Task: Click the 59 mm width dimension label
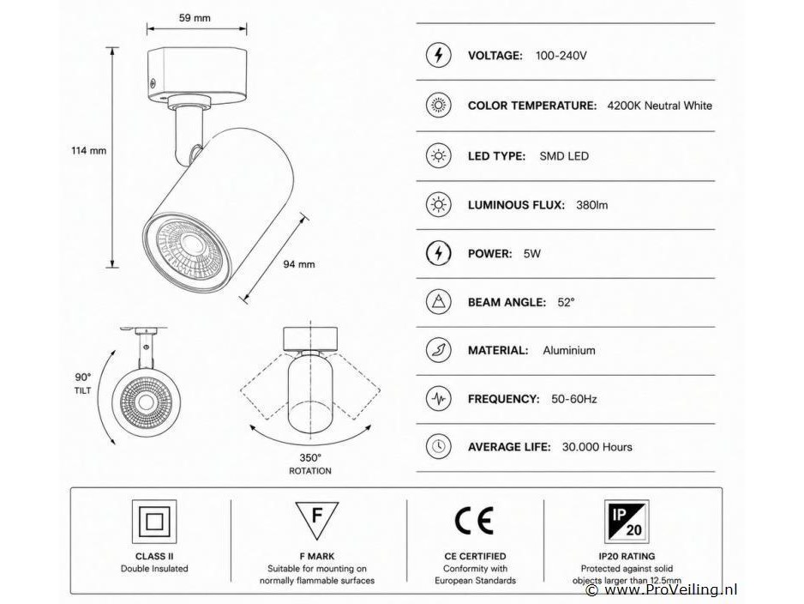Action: (x=195, y=18)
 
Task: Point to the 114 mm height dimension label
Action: (x=88, y=151)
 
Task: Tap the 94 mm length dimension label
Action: (x=299, y=264)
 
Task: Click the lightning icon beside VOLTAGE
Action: (x=438, y=55)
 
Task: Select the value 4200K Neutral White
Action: (x=659, y=106)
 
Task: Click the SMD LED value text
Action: (x=564, y=156)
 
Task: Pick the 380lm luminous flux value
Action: (x=591, y=205)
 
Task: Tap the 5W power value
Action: (x=531, y=253)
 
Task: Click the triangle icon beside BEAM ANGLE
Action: (x=438, y=302)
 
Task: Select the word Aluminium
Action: (x=569, y=351)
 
